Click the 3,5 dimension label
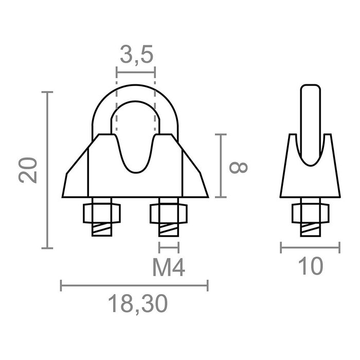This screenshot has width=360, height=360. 136,55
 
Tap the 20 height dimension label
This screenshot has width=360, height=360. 29,170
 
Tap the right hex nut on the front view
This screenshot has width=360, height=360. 169,212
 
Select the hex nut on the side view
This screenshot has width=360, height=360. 310,212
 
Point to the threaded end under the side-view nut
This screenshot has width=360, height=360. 310,229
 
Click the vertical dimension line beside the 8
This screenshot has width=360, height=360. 221,166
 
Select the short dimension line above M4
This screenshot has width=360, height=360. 169,246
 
